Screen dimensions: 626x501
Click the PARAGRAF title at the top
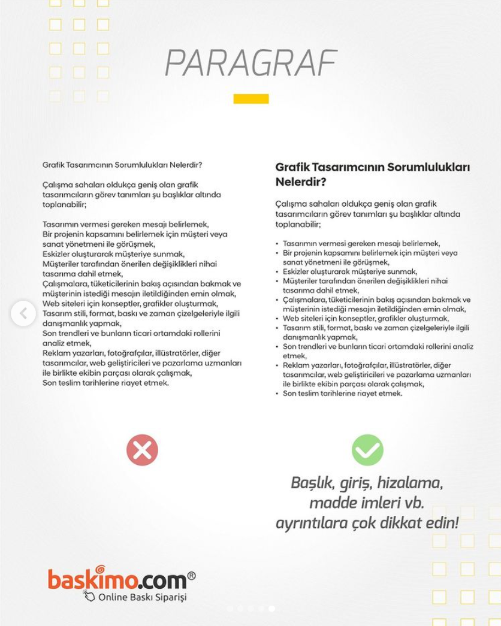[x=251, y=63]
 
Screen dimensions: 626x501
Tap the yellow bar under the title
[x=251, y=99]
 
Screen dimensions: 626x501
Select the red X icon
[x=142, y=450]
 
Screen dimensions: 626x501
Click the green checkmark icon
[x=367, y=450]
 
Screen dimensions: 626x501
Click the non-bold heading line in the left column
[x=122, y=165]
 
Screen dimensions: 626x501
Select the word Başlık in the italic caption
[x=312, y=483]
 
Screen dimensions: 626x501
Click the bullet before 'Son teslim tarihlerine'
[x=277, y=394]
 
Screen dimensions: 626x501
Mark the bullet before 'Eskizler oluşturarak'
[x=277, y=272]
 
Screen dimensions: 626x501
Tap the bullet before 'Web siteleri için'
[x=277, y=319]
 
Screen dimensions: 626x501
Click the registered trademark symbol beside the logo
[x=191, y=576]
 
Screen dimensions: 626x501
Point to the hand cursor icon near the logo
[x=89, y=595]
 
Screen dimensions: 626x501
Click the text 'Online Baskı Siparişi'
[x=143, y=597]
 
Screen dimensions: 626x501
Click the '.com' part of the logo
[x=162, y=580]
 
